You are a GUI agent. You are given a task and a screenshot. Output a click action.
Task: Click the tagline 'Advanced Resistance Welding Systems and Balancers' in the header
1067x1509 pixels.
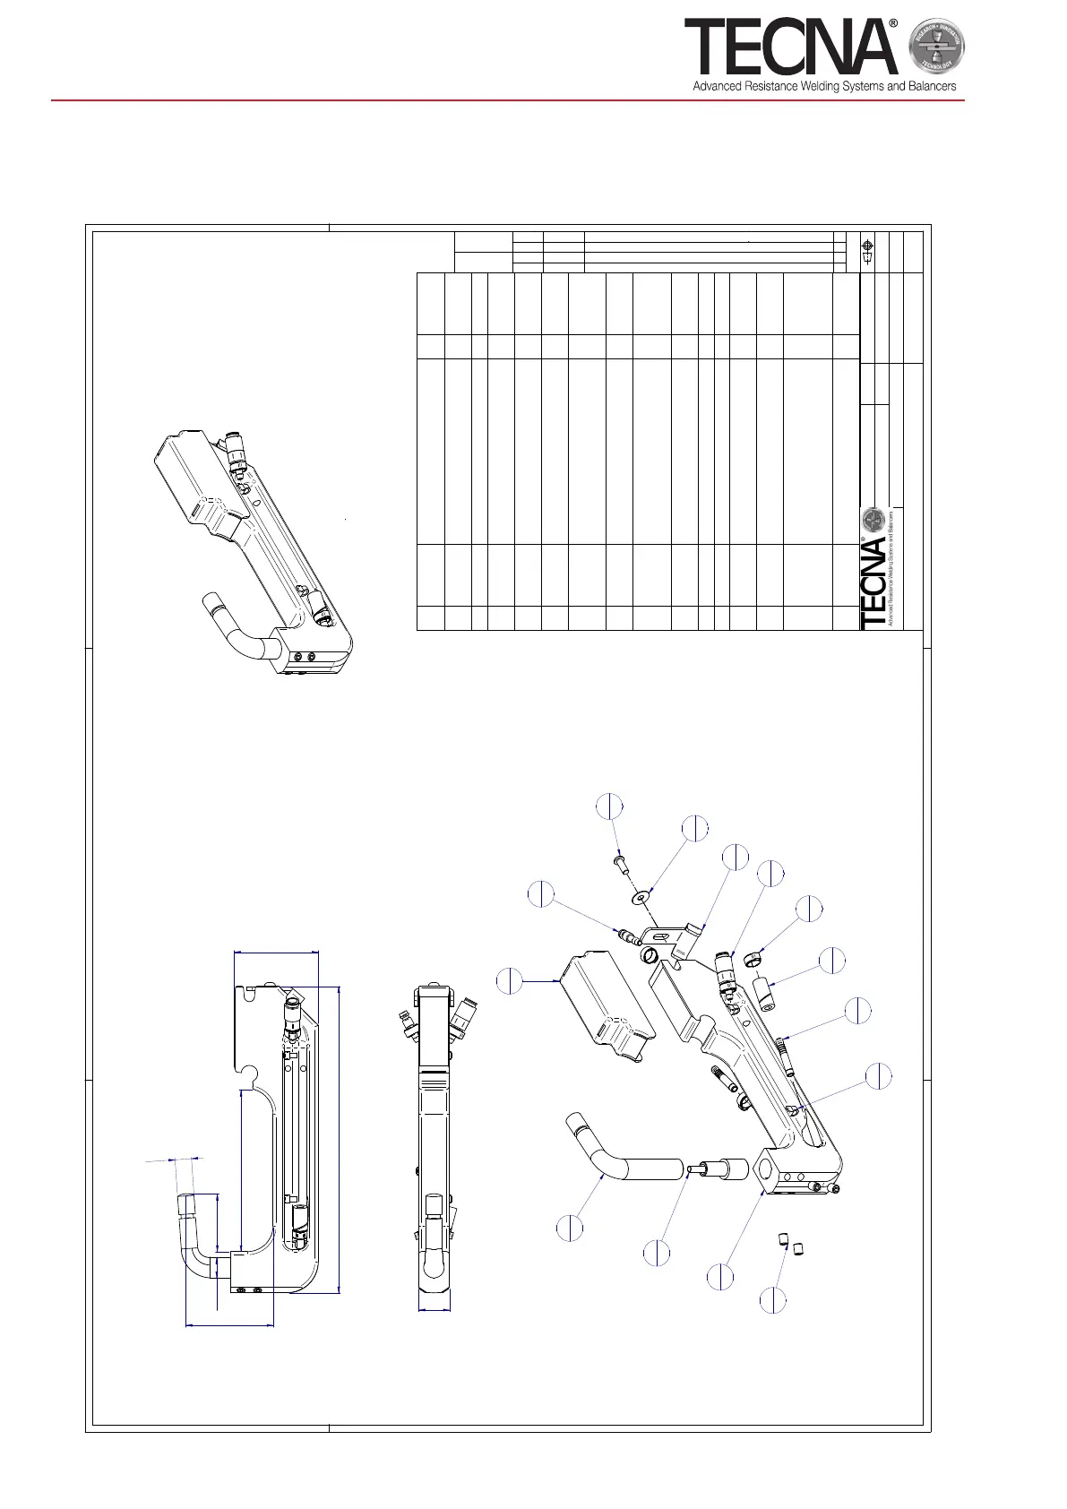pos(824,87)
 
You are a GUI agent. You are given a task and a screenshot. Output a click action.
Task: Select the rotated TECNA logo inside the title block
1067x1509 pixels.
pos(874,582)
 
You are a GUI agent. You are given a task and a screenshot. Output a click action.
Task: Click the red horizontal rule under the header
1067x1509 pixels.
pos(507,100)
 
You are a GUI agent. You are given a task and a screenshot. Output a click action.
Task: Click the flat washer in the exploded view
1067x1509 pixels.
pos(642,896)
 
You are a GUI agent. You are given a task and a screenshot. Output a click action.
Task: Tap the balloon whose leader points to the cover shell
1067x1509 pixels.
pos(510,980)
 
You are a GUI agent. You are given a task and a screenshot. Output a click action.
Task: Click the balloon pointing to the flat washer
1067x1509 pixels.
pos(695,829)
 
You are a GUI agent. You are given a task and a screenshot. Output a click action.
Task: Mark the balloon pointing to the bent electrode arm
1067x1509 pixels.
pos(570,1228)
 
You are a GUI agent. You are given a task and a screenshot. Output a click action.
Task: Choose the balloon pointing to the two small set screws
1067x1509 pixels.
pos(772,1300)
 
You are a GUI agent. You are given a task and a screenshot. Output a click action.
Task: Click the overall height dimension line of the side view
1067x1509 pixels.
pos(340,1138)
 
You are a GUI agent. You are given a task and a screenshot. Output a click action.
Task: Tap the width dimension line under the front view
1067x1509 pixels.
pos(435,1311)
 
